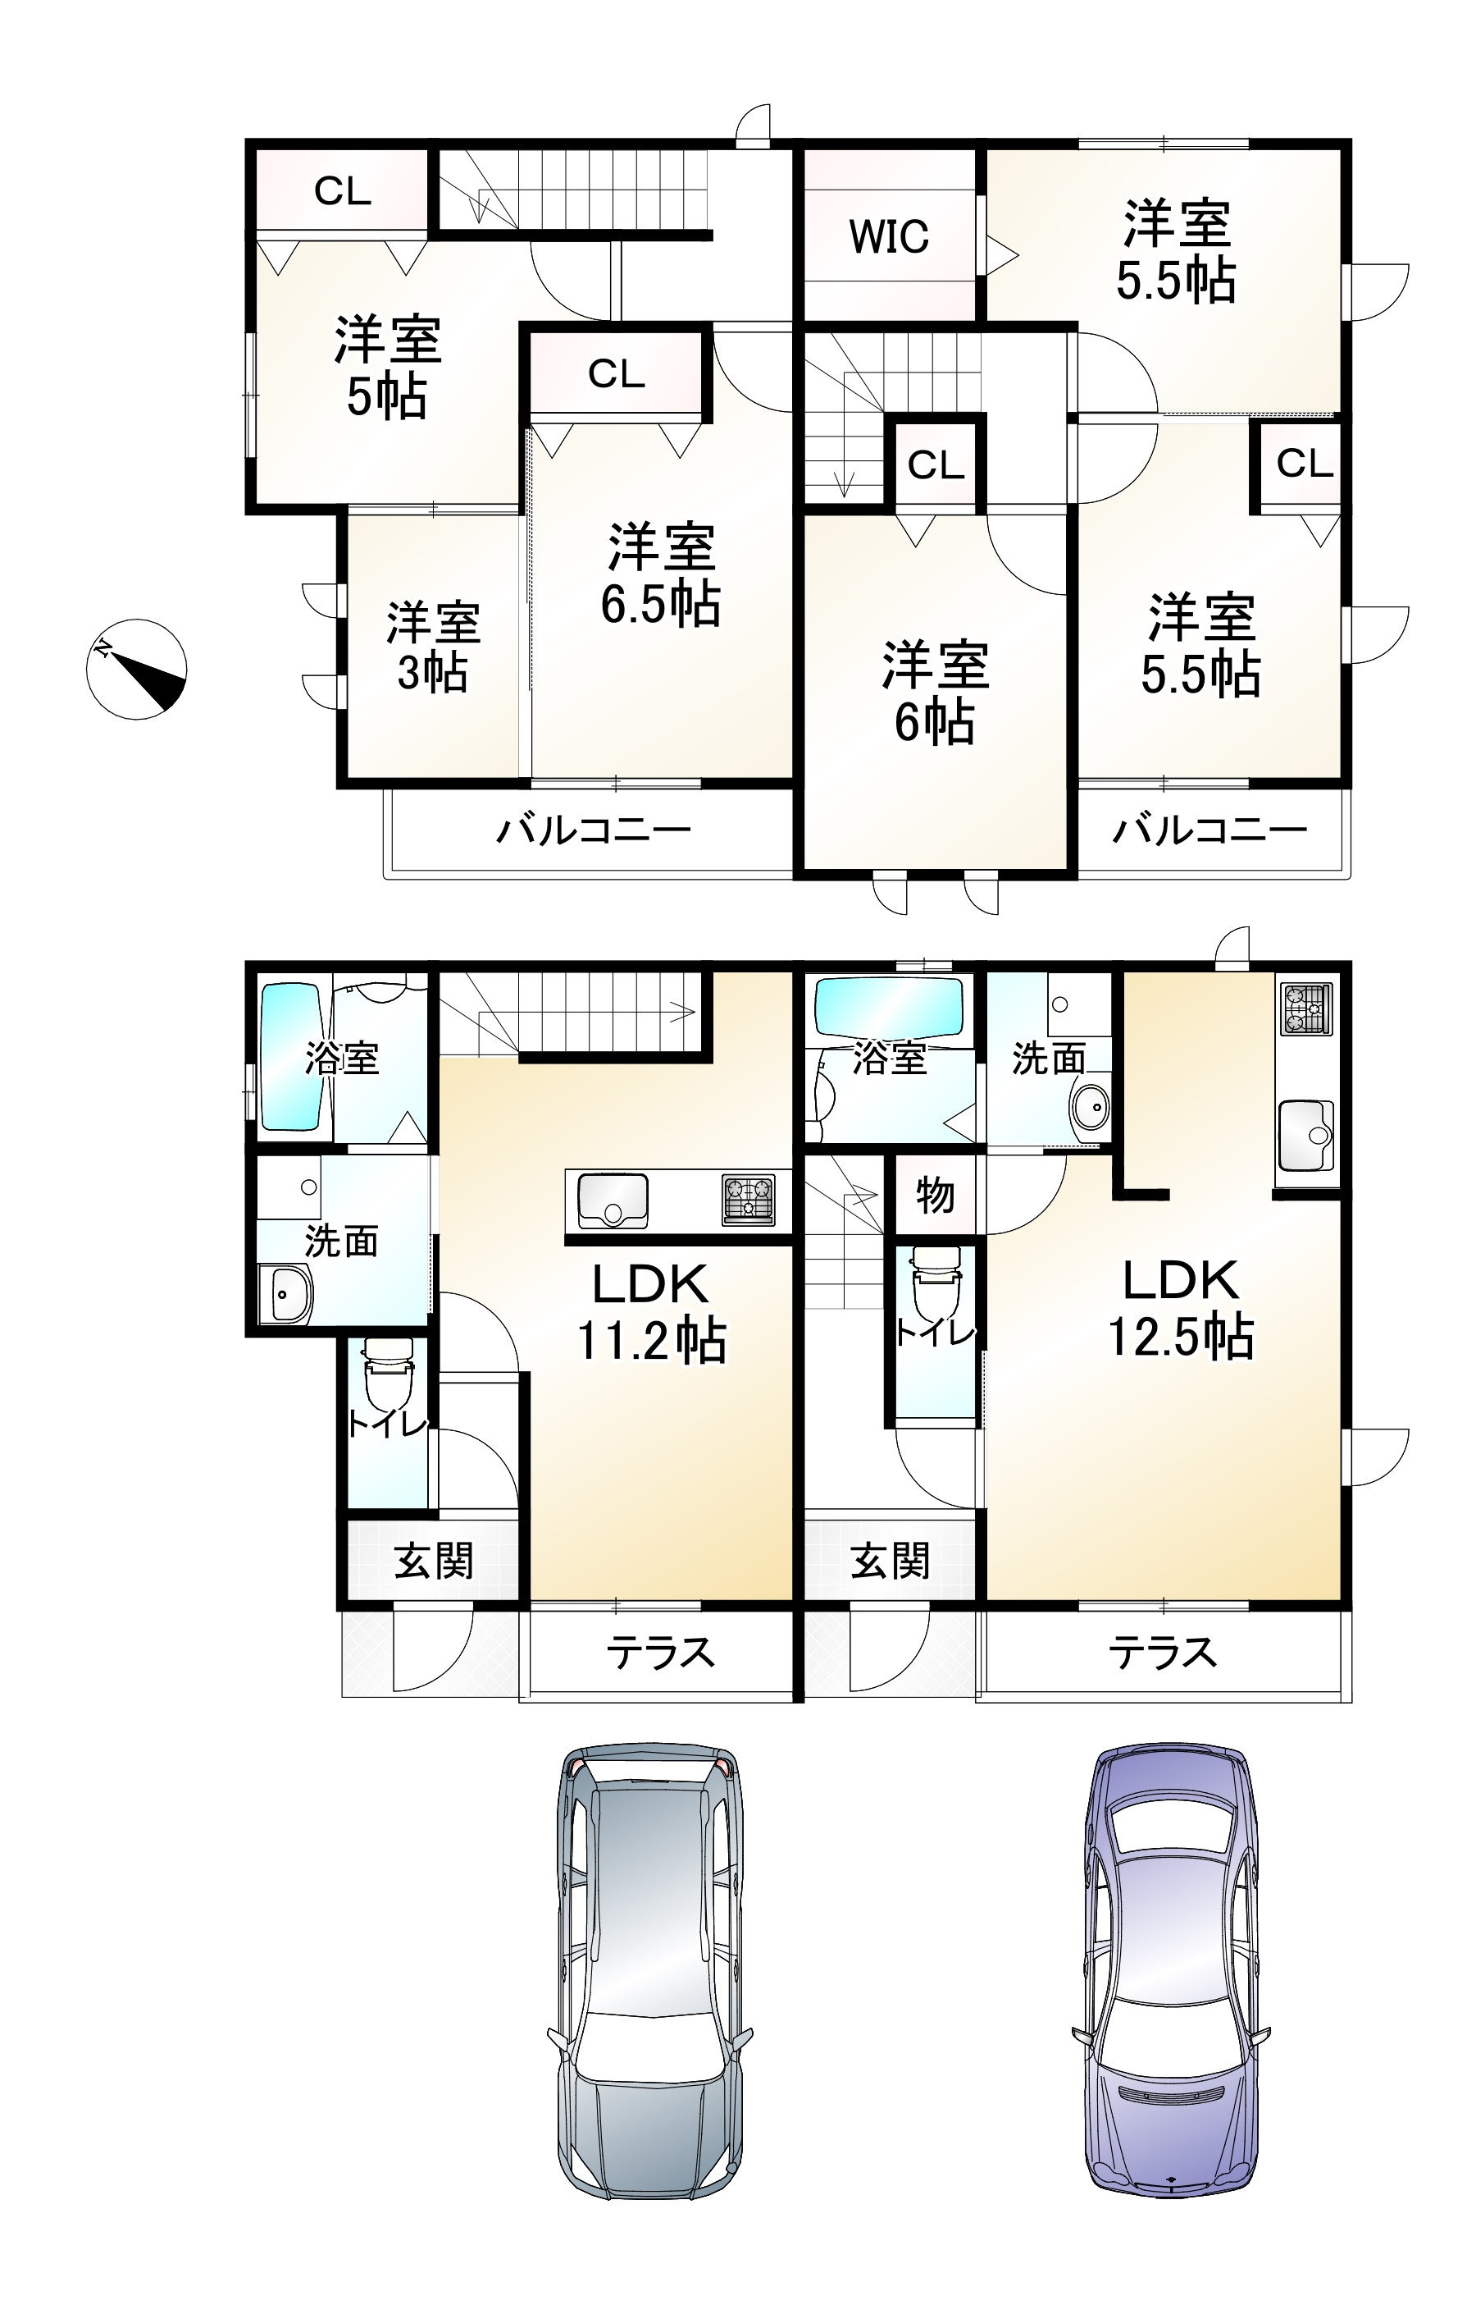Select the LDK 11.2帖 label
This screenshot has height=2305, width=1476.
pyautogui.click(x=651, y=1311)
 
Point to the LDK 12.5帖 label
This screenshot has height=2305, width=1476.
pyautogui.click(x=1181, y=1308)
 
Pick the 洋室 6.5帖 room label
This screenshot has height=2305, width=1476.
pyautogui.click(x=661, y=574)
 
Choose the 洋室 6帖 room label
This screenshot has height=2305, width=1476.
pyautogui.click(x=935, y=693)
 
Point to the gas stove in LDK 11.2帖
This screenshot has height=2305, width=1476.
pyautogui.click(x=749, y=1200)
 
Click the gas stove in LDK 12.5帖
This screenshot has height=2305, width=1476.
pyautogui.click(x=1306, y=1009)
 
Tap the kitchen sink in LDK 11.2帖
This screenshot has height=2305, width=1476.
pyautogui.click(x=613, y=1200)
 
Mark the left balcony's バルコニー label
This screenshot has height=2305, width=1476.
pyautogui.click(x=594, y=830)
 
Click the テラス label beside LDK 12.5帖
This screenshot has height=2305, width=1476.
pyautogui.click(x=1163, y=1652)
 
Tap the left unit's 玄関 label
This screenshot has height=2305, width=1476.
pyautogui.click(x=434, y=1562)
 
